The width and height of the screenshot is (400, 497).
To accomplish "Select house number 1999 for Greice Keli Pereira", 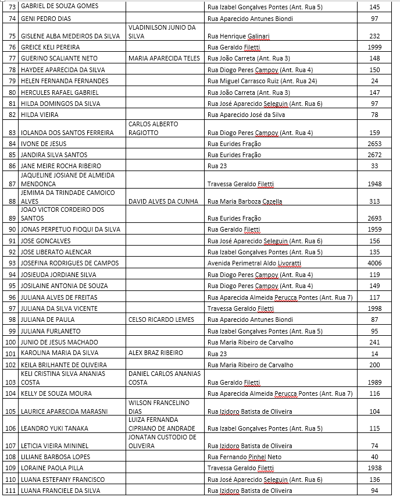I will coord(374,47).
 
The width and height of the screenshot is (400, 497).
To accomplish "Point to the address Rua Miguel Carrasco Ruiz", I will coord(262,81).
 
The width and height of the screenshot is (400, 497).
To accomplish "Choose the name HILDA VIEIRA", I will coord(40,115).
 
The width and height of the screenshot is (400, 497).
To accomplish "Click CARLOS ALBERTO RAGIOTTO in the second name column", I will coord(153,129).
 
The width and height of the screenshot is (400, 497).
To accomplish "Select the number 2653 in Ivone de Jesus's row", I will coord(374,144).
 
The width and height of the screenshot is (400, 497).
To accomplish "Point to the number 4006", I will coord(374,264).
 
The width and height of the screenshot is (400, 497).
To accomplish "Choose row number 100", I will coord(10,342).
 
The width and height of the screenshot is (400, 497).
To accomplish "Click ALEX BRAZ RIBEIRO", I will coord(155,353).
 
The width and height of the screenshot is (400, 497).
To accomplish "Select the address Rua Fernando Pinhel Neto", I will coord(244,457).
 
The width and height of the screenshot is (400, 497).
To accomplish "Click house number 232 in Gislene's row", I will coord(374,35).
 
